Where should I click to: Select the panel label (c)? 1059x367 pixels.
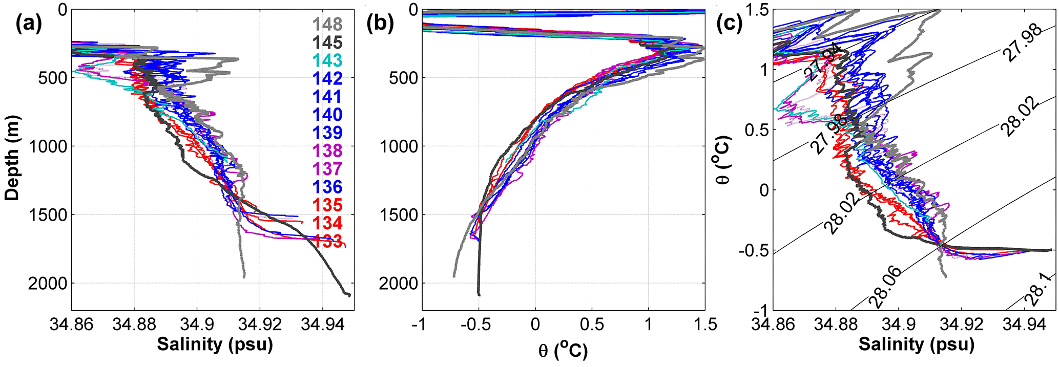729,25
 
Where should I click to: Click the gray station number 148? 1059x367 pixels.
327,24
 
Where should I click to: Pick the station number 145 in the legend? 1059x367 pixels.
327,42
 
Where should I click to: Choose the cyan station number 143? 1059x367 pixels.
327,60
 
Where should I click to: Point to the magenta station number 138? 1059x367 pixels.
327,151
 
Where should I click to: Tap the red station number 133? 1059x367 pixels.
327,241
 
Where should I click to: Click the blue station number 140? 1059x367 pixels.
327,115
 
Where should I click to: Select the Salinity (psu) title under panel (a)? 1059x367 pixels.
215,344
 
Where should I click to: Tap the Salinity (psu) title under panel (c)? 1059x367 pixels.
916,344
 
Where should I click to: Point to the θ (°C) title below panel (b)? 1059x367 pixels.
563,351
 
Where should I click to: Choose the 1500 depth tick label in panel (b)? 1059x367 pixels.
399,215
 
